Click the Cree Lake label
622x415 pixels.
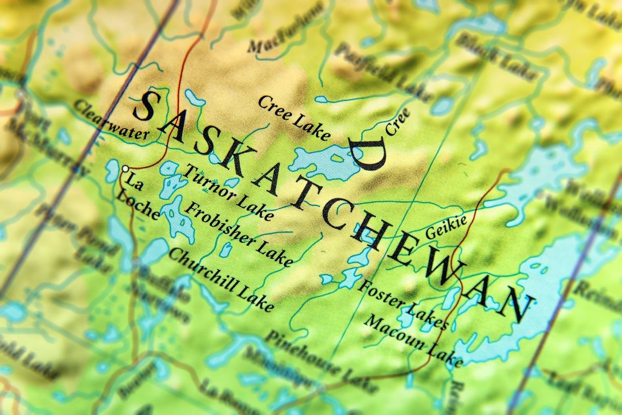click(293, 118)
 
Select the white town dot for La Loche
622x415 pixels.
click(125, 168)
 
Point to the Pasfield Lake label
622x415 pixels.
click(384, 73)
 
